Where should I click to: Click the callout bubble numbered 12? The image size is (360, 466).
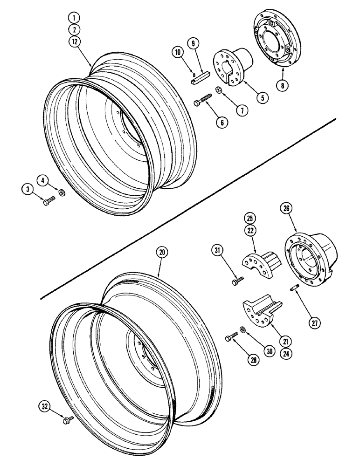point(73,41)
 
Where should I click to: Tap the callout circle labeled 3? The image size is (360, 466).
point(27,189)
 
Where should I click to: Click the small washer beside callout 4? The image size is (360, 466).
point(62,192)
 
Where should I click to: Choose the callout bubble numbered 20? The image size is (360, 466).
point(162,252)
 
